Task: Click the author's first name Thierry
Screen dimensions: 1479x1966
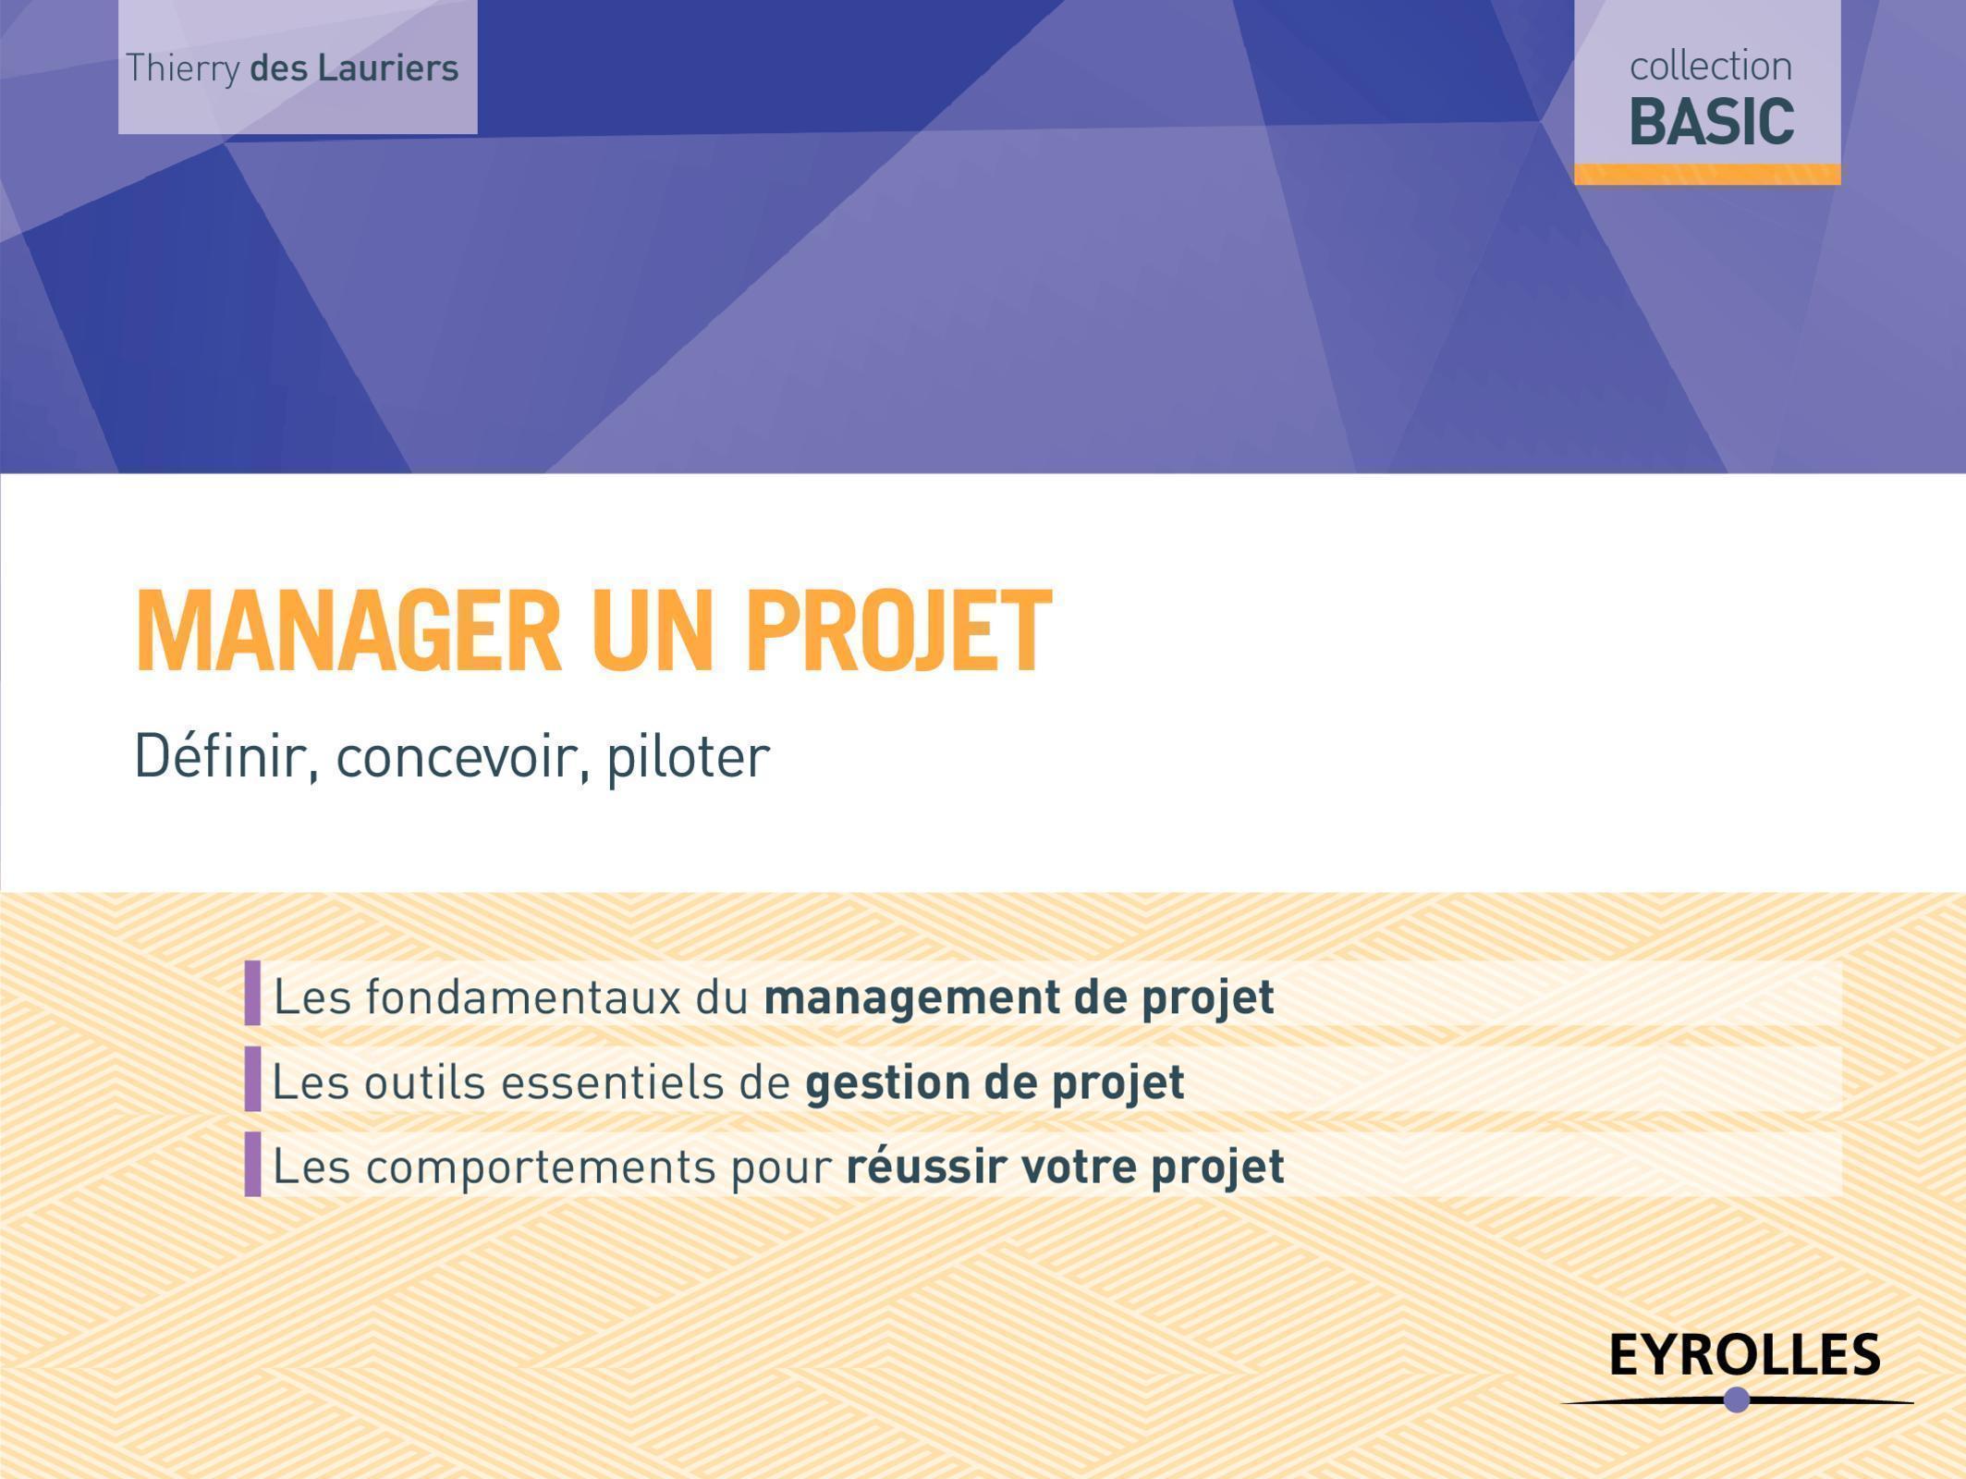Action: pyautogui.click(x=182, y=69)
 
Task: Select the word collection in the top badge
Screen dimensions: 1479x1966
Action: pyautogui.click(x=1710, y=67)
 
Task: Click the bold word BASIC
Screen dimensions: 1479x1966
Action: pyautogui.click(x=1711, y=122)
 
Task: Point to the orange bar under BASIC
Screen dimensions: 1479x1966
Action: pyautogui.click(x=1707, y=174)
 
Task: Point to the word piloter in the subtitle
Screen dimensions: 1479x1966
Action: pyautogui.click(x=688, y=756)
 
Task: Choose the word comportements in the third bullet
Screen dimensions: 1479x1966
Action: pyautogui.click(x=541, y=1167)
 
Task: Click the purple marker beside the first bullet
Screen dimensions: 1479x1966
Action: pyautogui.click(x=252, y=993)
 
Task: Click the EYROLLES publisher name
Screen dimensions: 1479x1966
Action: pyautogui.click(x=1744, y=1355)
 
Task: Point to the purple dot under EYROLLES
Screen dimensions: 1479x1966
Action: pyautogui.click(x=1737, y=1400)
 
